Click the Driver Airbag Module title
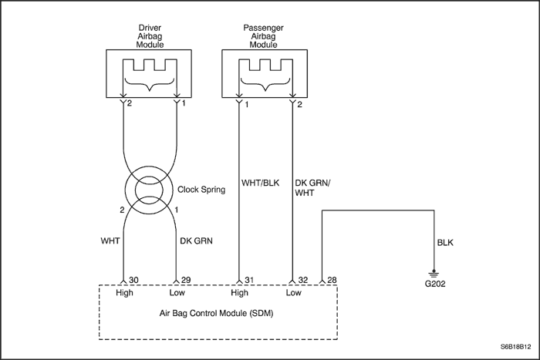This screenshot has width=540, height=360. coord(151,35)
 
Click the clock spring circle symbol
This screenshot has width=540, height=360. coord(151,189)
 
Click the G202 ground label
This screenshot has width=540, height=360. coord(435,284)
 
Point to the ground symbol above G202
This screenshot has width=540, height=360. coord(435,272)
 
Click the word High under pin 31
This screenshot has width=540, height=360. coord(239,293)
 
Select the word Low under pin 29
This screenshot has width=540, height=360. coord(180,293)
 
